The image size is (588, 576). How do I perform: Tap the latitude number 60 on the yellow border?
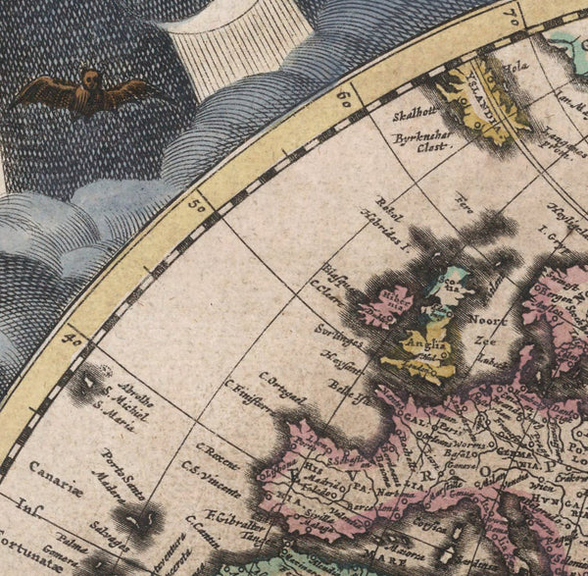[342, 97]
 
